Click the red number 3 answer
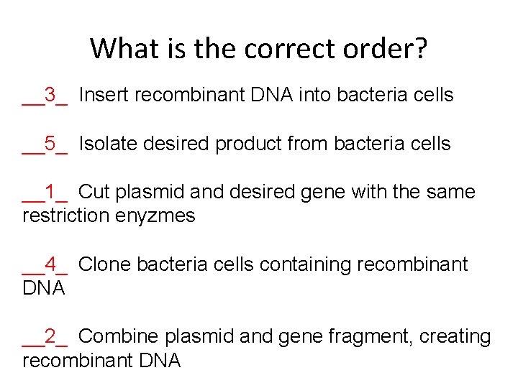tap(50, 95)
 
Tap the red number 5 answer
tap(50, 144)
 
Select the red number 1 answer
tap(50, 192)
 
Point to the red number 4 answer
tap(50, 264)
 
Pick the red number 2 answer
tap(50, 336)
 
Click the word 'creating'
tap(453, 336)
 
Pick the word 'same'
tap(451, 192)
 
